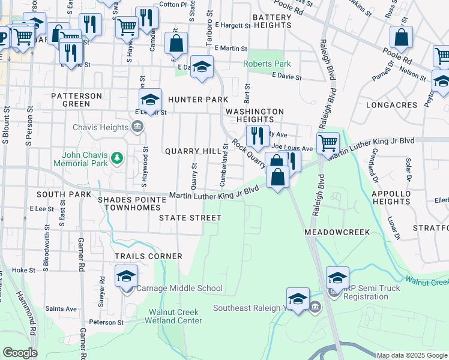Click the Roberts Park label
tap(267, 64)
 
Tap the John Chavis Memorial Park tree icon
tap(118, 158)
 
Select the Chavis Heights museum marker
tap(137, 127)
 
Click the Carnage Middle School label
tap(179, 289)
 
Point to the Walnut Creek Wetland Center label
tap(175, 316)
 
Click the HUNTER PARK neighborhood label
tap(198, 100)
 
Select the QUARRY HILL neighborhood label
tap(193, 152)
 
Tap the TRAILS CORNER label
tap(148, 256)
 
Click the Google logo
tap(20, 353)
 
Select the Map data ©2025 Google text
tap(412, 355)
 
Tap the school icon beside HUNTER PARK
tap(151, 100)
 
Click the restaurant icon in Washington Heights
tap(257, 136)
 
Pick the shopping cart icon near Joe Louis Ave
tap(328, 143)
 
